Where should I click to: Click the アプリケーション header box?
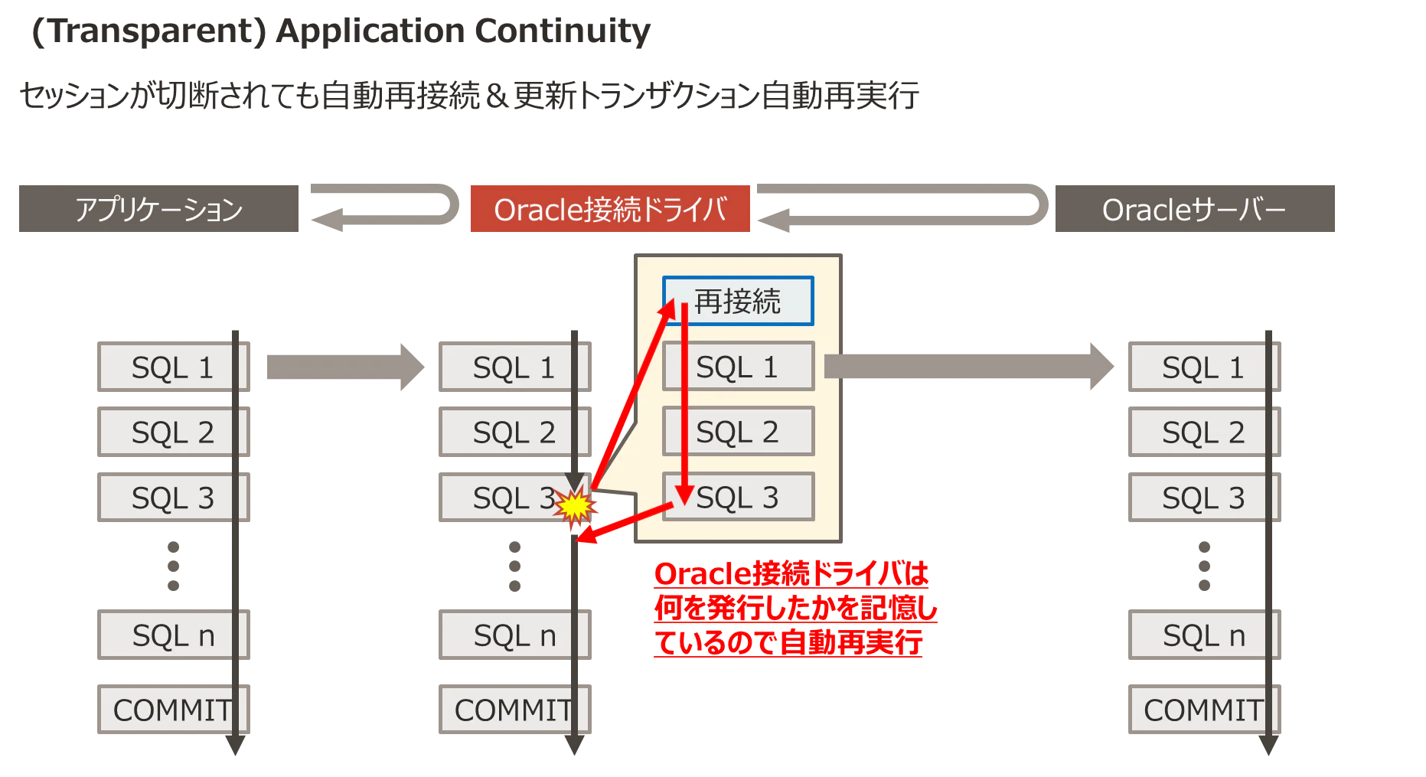tap(158, 208)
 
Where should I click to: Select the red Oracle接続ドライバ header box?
tap(610, 208)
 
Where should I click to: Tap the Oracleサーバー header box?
tap(1195, 208)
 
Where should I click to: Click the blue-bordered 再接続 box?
tap(738, 301)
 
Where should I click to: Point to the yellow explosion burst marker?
tap(575, 506)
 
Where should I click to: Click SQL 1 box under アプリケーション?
tap(174, 367)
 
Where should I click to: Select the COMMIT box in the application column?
tap(174, 710)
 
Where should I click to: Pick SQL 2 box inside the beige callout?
tap(739, 432)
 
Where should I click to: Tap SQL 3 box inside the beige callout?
tap(739, 498)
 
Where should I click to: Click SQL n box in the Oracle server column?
tap(1205, 635)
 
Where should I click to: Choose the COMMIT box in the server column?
tap(1205, 710)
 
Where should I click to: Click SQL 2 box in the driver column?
tap(515, 432)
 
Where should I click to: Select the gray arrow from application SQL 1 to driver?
tap(345, 367)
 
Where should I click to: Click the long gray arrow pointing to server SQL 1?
tap(969, 367)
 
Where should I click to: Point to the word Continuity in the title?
tap(563, 31)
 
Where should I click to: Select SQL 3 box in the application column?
tap(174, 498)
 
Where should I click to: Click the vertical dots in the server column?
tap(1204, 566)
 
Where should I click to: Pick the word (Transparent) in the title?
tap(148, 31)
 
